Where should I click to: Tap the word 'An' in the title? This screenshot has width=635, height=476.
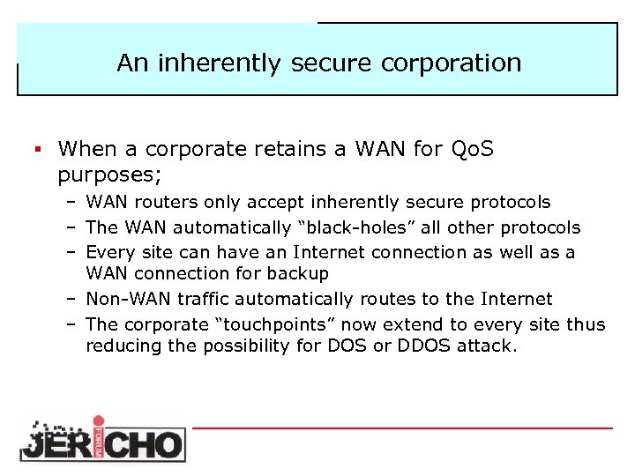131,63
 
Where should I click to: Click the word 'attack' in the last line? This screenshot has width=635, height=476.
484,346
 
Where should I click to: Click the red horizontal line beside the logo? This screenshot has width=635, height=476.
401,428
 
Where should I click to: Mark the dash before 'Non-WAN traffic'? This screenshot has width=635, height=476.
71,299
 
